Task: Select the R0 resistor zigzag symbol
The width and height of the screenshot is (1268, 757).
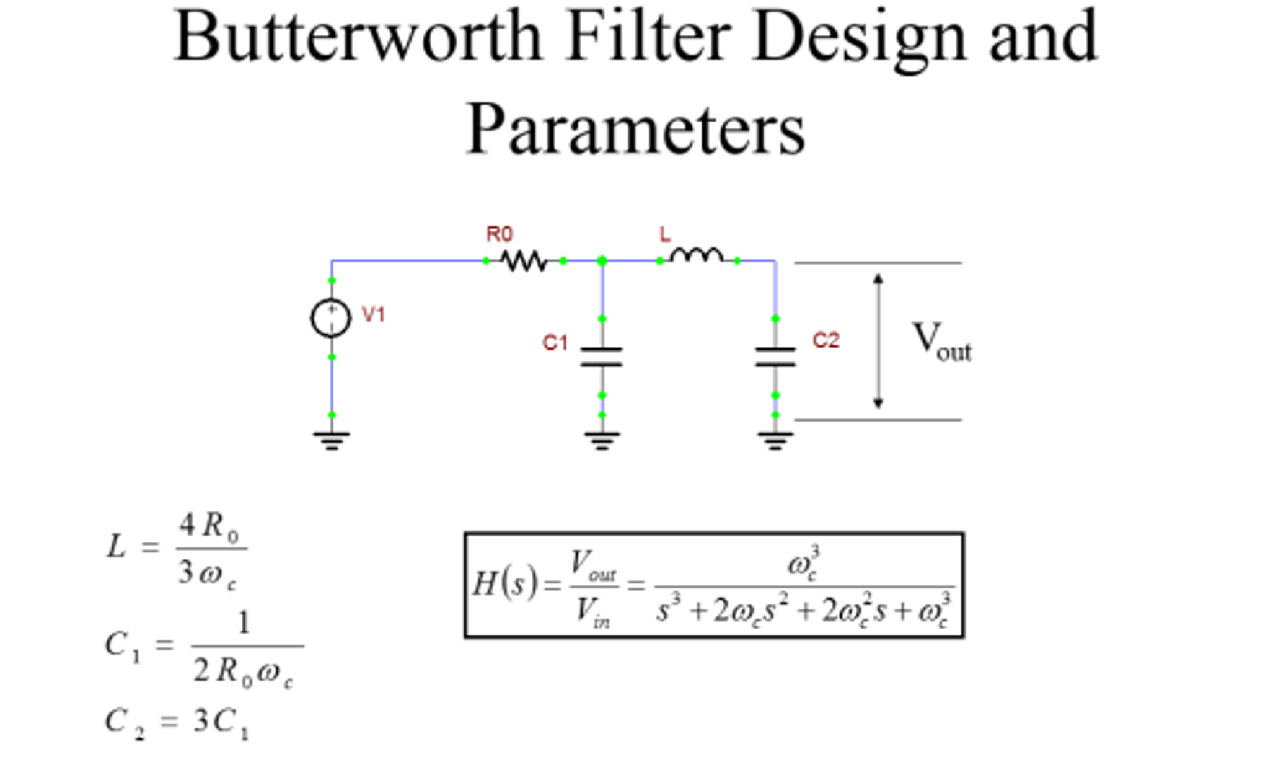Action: click(524, 261)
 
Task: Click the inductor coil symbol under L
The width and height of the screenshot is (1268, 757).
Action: click(697, 255)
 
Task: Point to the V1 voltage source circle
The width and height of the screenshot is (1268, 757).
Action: click(331, 318)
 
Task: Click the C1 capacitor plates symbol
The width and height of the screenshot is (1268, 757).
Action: click(602, 356)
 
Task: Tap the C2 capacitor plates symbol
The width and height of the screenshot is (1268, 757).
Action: click(775, 356)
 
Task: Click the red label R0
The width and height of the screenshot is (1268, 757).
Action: click(500, 234)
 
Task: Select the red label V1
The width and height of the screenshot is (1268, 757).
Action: click(373, 314)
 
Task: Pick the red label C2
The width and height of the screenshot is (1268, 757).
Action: click(826, 340)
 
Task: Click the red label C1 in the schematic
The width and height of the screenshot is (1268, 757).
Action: click(555, 342)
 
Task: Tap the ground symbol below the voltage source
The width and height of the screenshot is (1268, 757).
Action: click(332, 441)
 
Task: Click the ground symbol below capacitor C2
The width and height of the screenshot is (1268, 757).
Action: click(775, 441)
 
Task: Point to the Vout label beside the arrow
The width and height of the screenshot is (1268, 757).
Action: click(942, 341)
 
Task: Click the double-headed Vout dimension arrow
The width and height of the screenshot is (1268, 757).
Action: click(878, 341)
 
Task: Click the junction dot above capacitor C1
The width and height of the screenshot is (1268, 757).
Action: click(602, 261)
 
